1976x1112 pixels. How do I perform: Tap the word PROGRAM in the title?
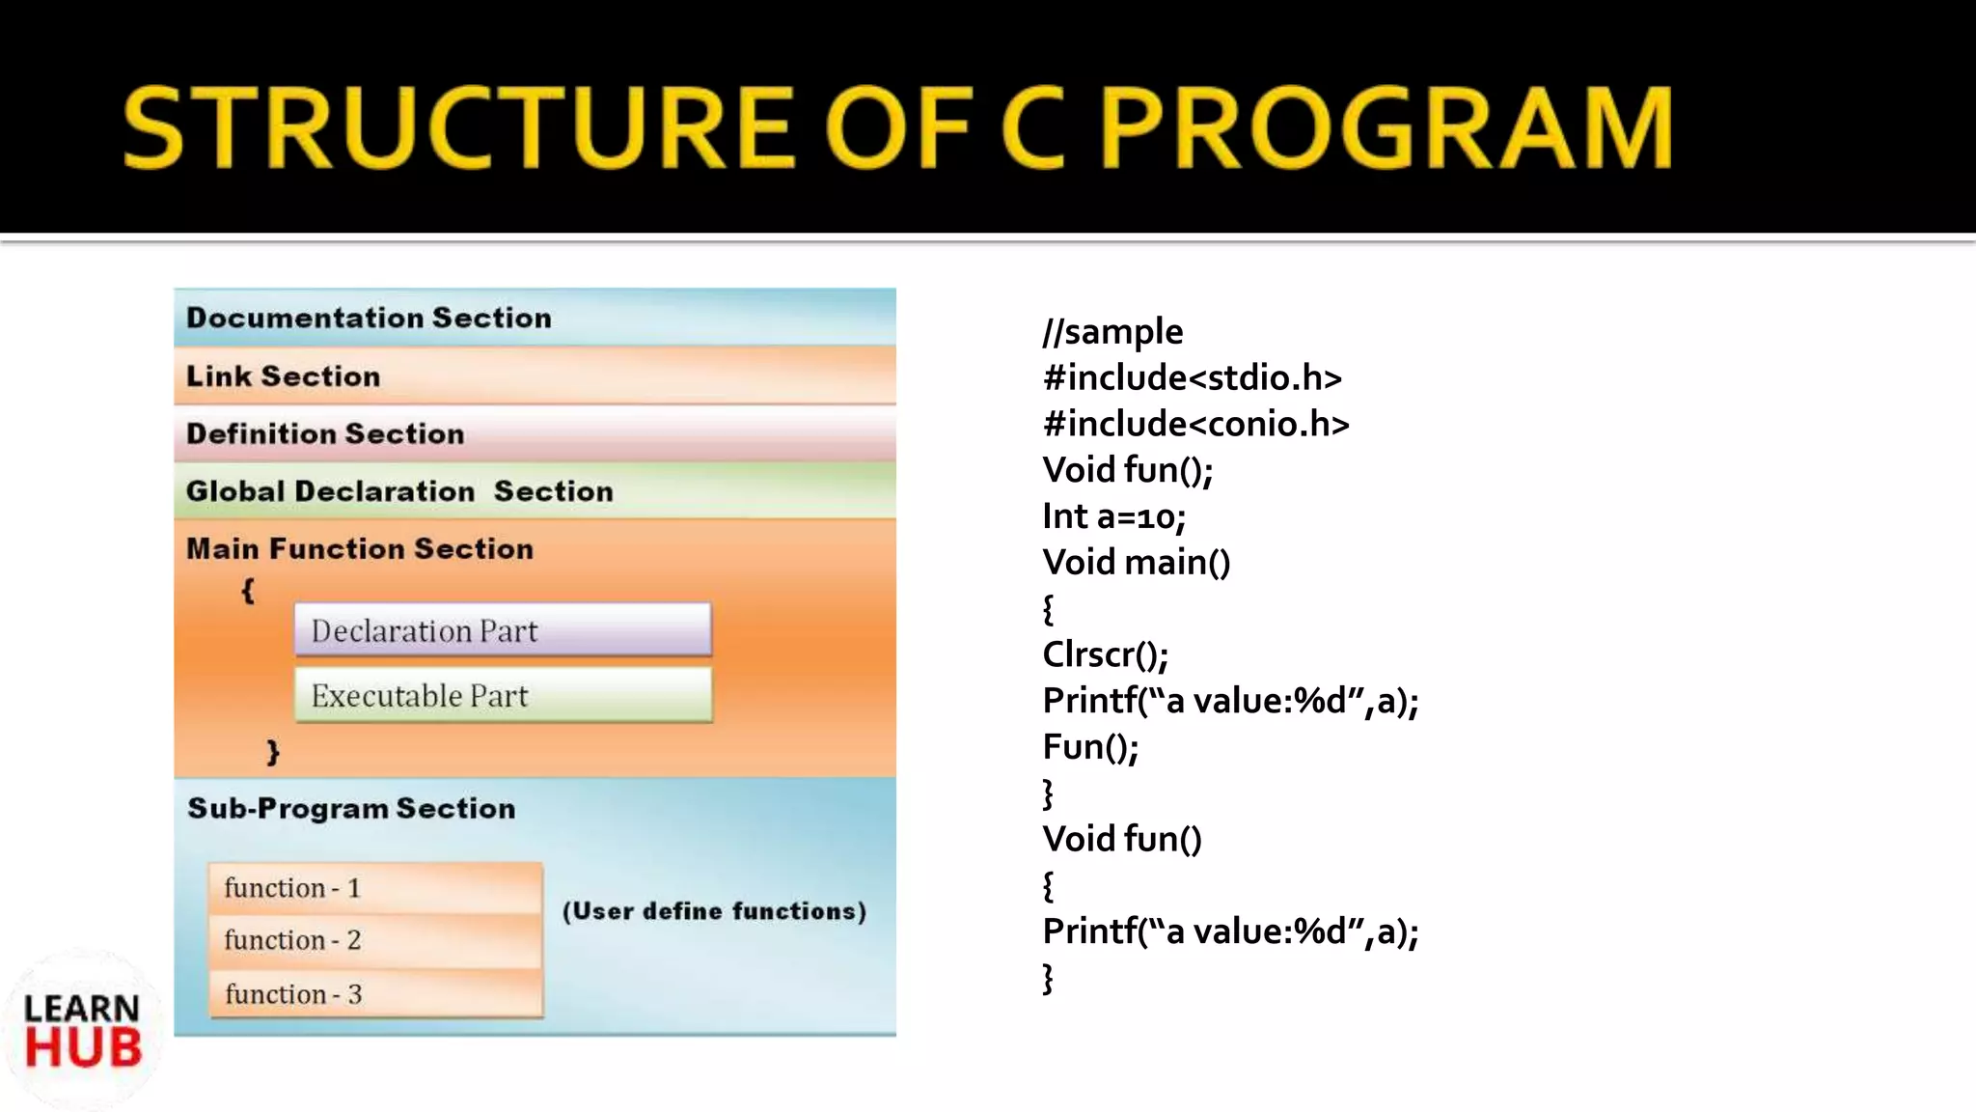(x=1386, y=127)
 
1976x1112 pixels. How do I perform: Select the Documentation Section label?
(x=369, y=318)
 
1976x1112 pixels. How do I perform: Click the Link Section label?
(x=283, y=375)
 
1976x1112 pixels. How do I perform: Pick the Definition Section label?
(x=325, y=433)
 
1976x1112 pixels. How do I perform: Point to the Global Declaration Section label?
(x=399, y=491)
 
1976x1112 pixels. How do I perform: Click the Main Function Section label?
(x=359, y=548)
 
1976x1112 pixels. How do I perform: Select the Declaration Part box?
(x=503, y=630)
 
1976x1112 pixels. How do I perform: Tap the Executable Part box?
(x=503, y=695)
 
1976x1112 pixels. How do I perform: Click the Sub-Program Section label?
(x=351, y=808)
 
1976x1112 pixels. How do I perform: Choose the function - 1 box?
(x=375, y=888)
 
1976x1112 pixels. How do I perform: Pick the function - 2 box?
(x=375, y=940)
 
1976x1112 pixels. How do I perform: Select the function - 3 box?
(x=375, y=993)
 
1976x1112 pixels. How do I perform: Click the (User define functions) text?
(x=714, y=911)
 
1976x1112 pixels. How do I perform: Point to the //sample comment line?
(x=1112, y=331)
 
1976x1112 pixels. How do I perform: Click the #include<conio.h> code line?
(x=1195, y=424)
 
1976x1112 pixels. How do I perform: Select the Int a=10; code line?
(x=1113, y=516)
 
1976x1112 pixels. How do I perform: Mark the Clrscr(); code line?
(x=1105, y=654)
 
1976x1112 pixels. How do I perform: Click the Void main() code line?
(x=1136, y=562)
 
